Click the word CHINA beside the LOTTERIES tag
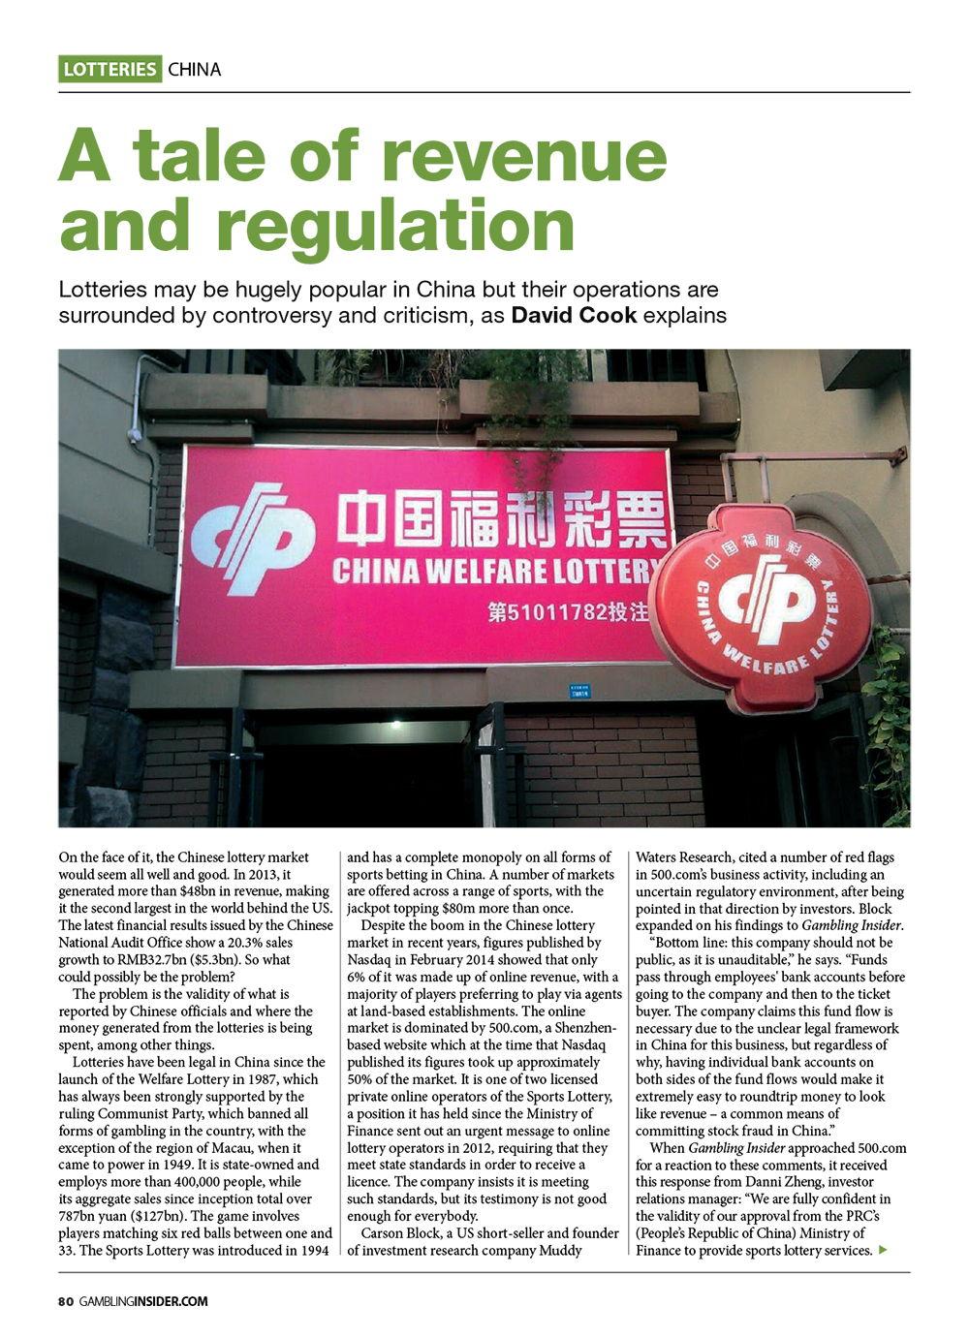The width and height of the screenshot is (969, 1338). [195, 70]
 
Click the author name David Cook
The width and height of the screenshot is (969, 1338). [574, 316]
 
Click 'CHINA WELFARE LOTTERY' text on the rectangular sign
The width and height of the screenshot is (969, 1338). [494, 572]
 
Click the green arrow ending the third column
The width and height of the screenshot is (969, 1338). [882, 1251]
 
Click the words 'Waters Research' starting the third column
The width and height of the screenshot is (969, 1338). [683, 857]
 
